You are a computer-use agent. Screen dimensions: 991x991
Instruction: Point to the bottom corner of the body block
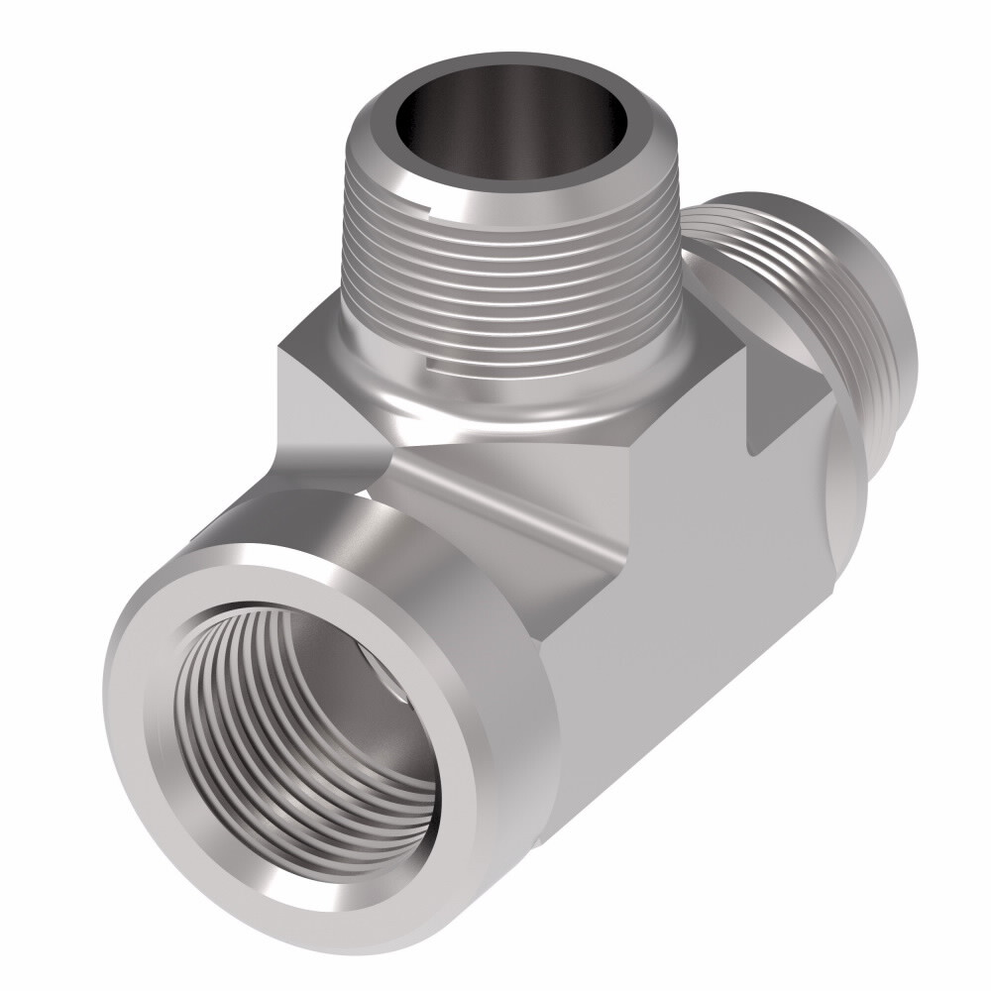tap(540, 842)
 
